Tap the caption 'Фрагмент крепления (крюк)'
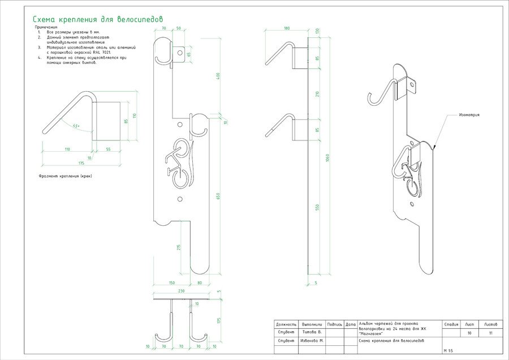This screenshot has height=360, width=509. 65,176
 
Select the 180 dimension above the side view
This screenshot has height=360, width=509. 287,28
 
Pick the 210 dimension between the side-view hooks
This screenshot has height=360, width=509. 318,94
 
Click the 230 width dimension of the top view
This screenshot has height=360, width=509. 180,292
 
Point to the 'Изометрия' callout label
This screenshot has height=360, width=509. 469,115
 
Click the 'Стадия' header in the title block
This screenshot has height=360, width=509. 451,325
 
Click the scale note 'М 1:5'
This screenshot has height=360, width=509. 449,351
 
